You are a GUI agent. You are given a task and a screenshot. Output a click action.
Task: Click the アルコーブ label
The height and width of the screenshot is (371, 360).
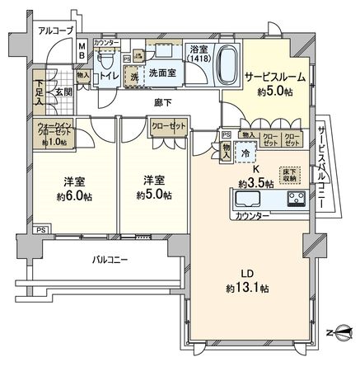56,31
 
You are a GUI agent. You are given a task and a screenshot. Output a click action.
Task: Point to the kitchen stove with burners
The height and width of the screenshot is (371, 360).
295,199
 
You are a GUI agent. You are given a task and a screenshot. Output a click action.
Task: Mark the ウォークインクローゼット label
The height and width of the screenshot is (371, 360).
54,131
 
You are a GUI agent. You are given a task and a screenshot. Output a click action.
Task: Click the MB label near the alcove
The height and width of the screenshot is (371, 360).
81,51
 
